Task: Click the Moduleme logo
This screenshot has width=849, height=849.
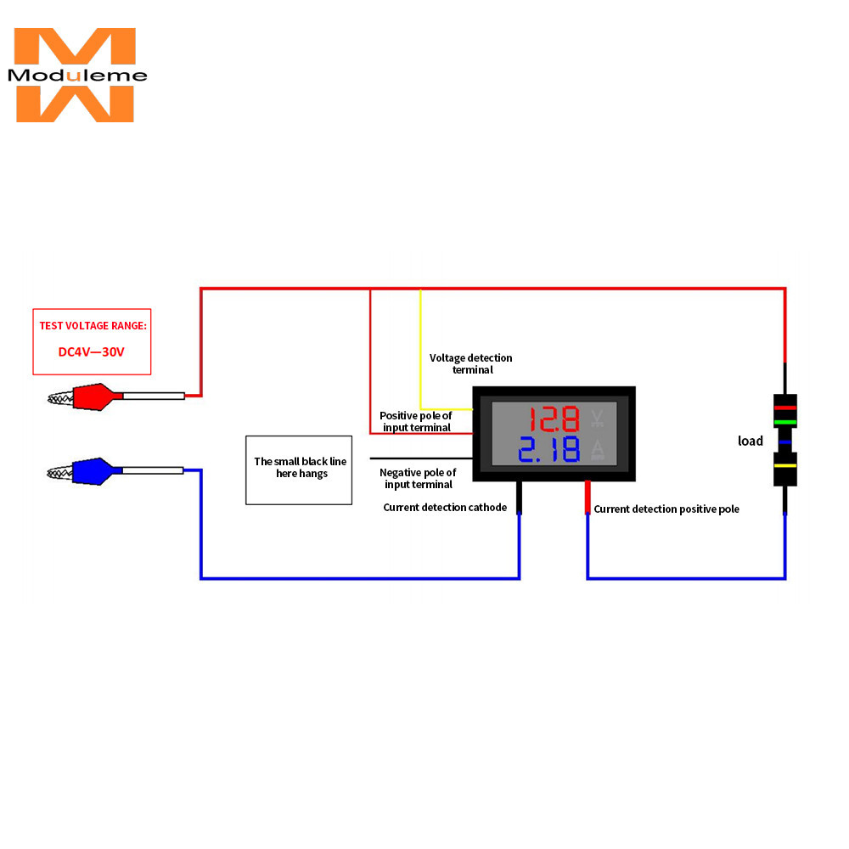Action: (x=76, y=75)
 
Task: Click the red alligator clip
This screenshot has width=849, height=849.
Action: (x=87, y=396)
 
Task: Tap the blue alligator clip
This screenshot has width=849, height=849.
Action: (x=87, y=471)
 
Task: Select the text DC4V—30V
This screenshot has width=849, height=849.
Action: (x=92, y=352)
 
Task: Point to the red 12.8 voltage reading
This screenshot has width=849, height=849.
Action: (x=554, y=419)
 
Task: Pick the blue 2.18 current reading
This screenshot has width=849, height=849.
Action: (x=549, y=449)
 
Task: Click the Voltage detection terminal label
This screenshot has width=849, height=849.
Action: (x=471, y=363)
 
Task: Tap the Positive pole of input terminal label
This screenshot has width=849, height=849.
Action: (x=416, y=421)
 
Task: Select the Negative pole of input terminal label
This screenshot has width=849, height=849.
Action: (x=418, y=478)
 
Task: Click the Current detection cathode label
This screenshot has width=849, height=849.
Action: (x=445, y=508)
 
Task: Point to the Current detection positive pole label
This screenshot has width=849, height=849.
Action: (x=666, y=509)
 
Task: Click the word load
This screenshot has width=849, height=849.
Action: (x=751, y=441)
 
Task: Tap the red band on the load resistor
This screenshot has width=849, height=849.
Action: (x=785, y=408)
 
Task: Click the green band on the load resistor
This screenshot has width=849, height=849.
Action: (x=785, y=422)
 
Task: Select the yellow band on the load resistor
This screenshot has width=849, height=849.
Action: (x=785, y=465)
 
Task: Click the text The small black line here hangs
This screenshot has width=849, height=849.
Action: (x=301, y=467)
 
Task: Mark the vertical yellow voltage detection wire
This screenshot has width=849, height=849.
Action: (x=421, y=349)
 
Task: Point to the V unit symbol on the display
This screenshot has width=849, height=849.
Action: (x=597, y=418)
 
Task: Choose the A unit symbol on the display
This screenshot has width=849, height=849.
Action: (x=597, y=449)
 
